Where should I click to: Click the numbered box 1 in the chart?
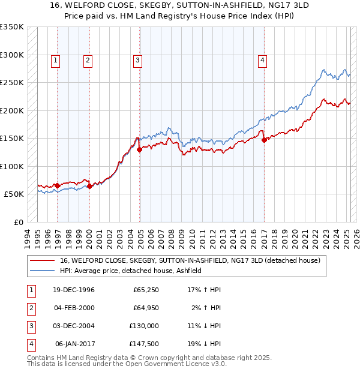[55, 59]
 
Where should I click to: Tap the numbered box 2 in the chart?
[88, 59]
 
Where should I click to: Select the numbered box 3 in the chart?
[138, 59]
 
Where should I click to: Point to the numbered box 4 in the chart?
[263, 59]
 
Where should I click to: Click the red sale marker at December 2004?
[139, 150]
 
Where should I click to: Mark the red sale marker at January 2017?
[264, 140]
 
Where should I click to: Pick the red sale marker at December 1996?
[58, 186]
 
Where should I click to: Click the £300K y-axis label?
[12, 55]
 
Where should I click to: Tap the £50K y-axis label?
[13, 194]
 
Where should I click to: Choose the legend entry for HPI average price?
[130, 271]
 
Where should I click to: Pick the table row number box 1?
[29, 290]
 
